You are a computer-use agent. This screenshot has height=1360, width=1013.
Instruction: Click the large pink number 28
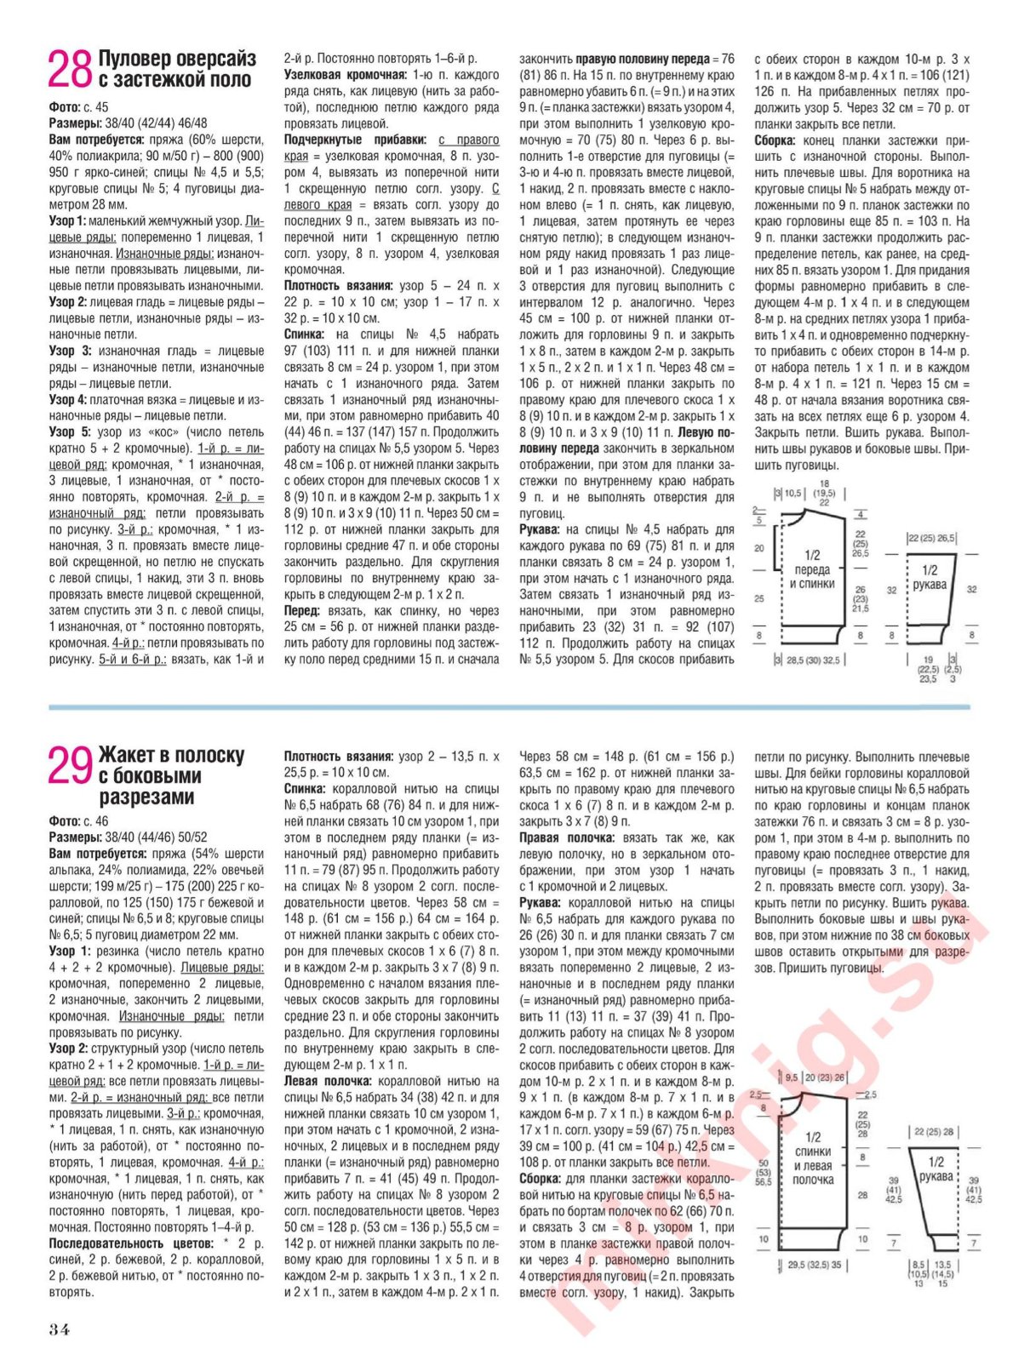pyautogui.click(x=69, y=70)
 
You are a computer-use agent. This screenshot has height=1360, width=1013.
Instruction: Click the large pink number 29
pyautogui.click(x=69, y=766)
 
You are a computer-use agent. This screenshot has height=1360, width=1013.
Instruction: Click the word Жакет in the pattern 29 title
pyautogui.click(x=127, y=755)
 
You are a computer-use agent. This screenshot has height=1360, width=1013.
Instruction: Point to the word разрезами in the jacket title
pyautogui.click(x=147, y=797)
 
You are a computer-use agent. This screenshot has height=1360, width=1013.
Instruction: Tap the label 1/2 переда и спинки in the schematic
pyautogui.click(x=812, y=569)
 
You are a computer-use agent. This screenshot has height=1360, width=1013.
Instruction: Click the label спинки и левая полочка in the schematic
pyautogui.click(x=813, y=1158)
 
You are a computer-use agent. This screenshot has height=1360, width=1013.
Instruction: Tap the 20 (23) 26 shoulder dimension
pyautogui.click(x=824, y=1077)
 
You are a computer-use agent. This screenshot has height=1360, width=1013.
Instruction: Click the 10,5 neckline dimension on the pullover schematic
pyautogui.click(x=793, y=493)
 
